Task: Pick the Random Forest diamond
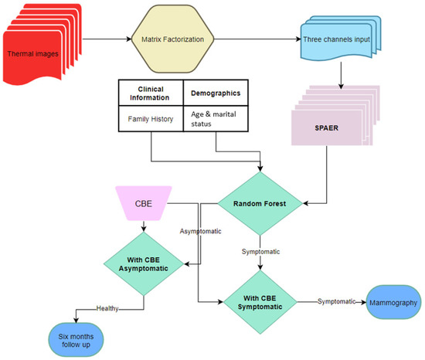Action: (x=260, y=204)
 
